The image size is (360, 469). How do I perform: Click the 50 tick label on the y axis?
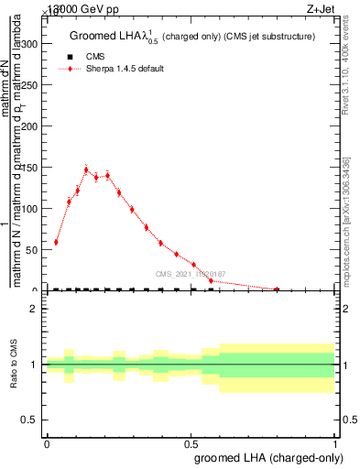[30, 249]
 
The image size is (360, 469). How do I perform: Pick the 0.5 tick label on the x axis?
[191, 443]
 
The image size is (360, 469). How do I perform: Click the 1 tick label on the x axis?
[335, 443]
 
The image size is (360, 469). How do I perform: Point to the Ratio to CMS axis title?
[14, 364]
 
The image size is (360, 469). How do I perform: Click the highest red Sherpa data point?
[86, 169]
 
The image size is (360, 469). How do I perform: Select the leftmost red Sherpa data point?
[56, 242]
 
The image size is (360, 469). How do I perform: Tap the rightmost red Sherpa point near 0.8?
[277, 289]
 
